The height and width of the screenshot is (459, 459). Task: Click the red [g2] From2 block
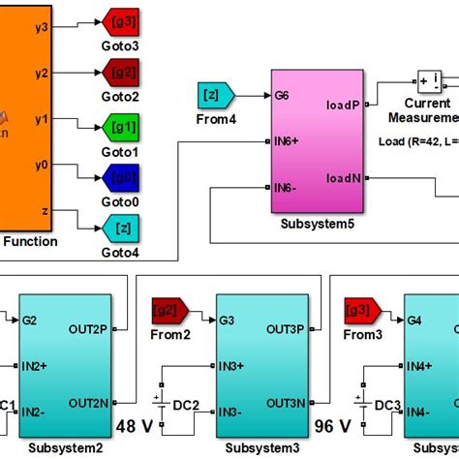[x=171, y=312]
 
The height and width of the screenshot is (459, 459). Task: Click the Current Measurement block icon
[x=431, y=80]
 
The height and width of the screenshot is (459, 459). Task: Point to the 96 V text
[x=333, y=425]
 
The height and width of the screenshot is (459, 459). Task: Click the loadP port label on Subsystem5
[x=344, y=106]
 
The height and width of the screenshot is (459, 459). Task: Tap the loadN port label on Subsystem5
[x=344, y=177]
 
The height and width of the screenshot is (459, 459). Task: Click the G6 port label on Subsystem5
[x=282, y=95]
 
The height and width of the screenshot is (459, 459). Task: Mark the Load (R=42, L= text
[x=417, y=140]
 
